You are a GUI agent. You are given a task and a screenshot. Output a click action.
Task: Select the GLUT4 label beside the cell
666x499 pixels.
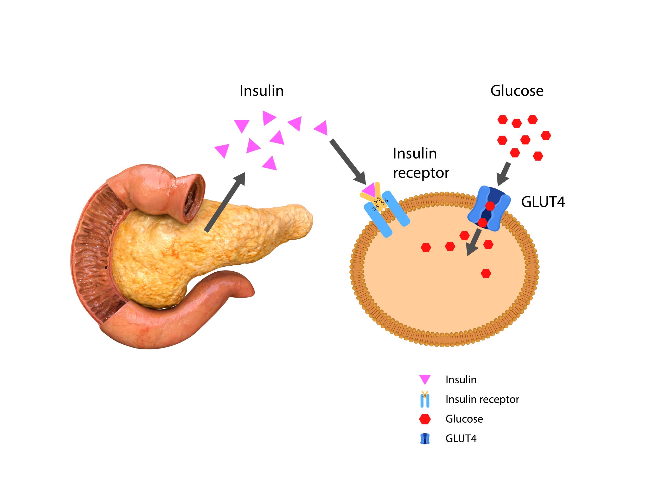click(543, 202)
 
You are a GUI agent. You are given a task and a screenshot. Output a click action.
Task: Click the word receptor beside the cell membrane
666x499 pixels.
click(421, 173)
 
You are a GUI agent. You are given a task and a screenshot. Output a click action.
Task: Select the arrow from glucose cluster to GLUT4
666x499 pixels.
click(504, 174)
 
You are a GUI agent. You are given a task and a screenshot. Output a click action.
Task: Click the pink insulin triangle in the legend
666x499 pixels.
click(425, 380)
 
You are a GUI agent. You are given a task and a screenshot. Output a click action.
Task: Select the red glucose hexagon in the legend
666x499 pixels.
click(425, 419)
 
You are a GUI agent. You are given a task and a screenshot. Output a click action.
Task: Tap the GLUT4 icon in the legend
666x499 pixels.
click(425, 439)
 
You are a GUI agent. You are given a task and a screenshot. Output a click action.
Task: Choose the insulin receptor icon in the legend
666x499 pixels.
click(425, 399)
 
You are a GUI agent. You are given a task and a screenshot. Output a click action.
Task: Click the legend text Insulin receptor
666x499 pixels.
click(482, 399)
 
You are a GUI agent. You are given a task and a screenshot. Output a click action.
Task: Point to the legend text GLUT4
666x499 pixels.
click(461, 439)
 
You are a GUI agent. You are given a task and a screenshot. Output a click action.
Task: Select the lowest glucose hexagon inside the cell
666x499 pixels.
click(486, 273)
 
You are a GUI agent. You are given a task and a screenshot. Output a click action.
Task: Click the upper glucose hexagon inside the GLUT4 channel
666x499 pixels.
click(490, 206)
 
